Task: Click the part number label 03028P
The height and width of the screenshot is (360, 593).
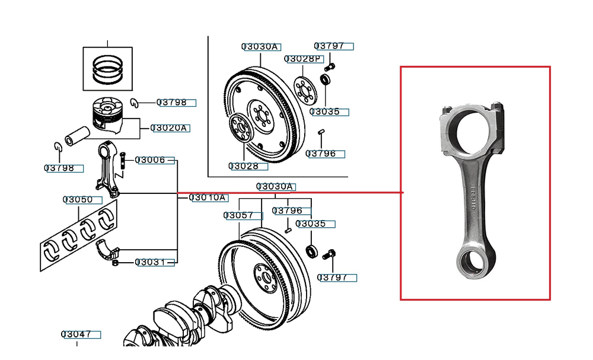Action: coord(302,59)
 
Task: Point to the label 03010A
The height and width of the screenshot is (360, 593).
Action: coord(208,197)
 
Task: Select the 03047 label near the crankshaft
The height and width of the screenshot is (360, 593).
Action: coord(79,334)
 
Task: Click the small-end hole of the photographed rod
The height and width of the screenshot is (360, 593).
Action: coord(472,262)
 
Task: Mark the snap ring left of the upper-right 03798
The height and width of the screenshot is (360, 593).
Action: coord(135,103)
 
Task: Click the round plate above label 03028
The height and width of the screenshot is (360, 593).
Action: coord(240,126)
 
